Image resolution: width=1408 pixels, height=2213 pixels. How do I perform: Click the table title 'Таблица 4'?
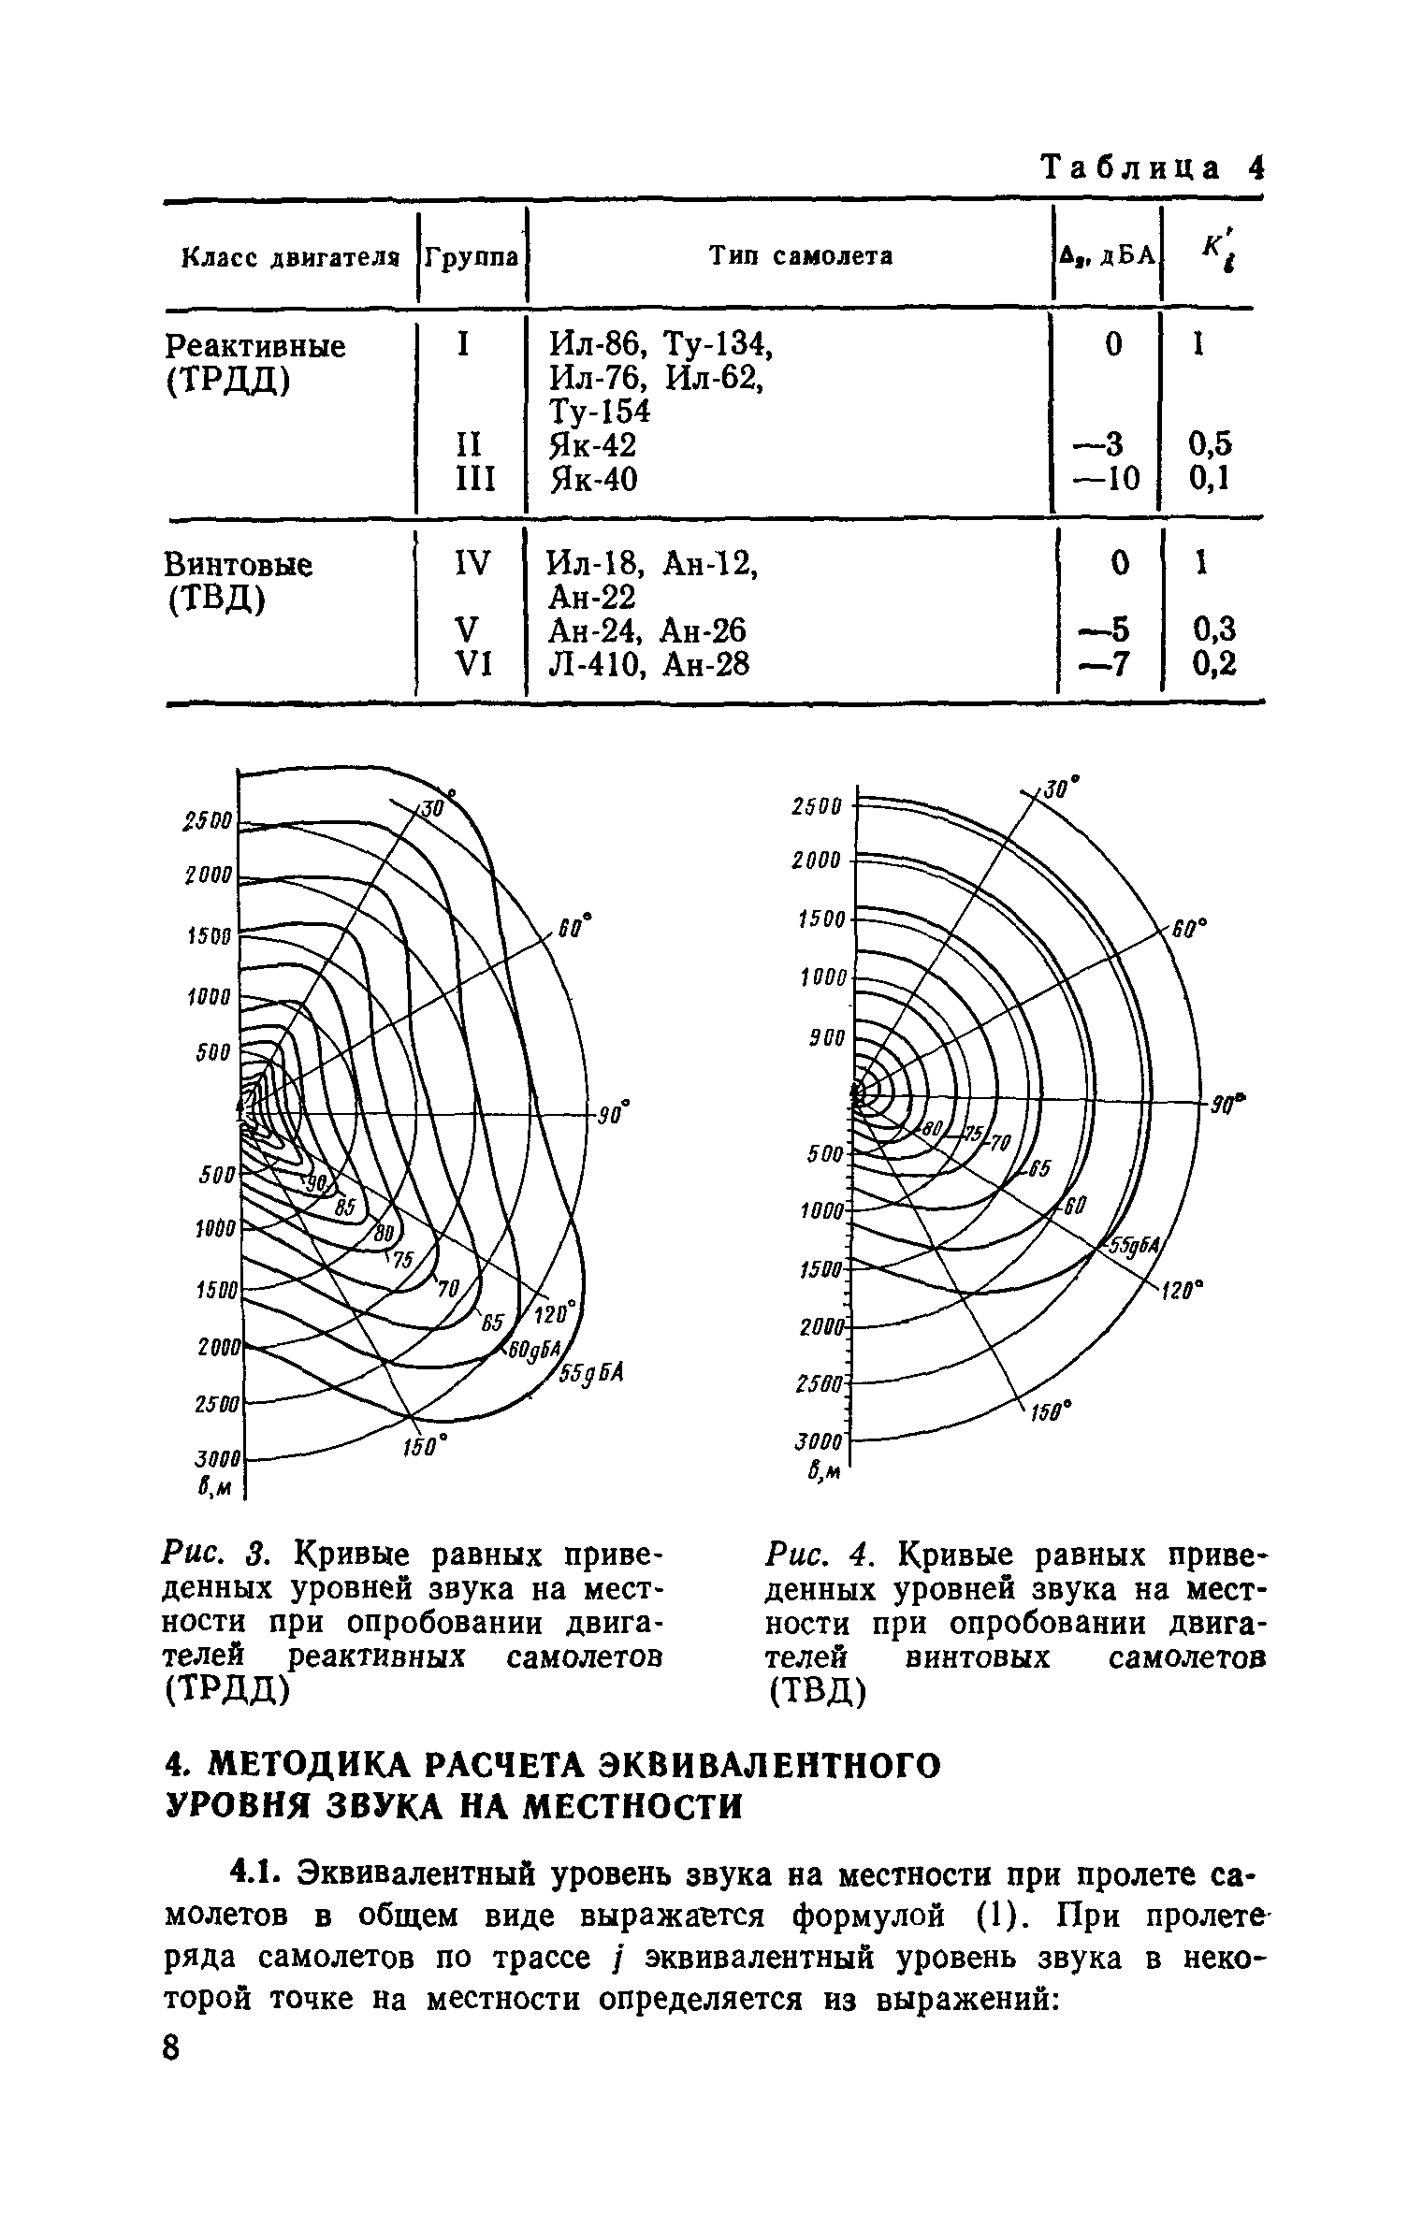click(x=1153, y=169)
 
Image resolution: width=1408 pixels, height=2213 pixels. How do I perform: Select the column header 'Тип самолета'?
click(x=800, y=256)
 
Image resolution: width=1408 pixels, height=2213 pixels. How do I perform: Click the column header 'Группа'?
click(x=472, y=256)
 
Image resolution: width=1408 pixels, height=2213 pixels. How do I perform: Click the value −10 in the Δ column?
click(x=1110, y=479)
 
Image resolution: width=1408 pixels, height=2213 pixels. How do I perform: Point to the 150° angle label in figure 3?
click(x=427, y=1446)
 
